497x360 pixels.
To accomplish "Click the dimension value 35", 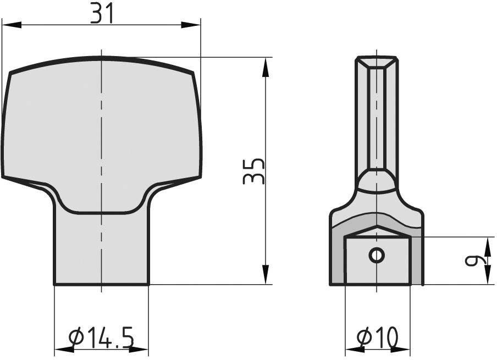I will click(254, 171).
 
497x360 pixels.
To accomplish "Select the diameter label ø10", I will click(377, 337).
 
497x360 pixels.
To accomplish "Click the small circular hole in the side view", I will click(377, 255).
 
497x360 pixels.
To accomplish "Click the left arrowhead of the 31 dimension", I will click(11, 25).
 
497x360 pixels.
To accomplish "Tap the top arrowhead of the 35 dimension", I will click(266, 67).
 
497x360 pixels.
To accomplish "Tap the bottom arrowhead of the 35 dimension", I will click(266, 275).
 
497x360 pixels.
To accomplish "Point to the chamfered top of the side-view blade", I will click(377, 62).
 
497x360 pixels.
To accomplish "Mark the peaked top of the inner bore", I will click(377, 226).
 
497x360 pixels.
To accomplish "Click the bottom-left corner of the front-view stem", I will click(54, 284).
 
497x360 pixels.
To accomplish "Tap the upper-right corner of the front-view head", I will click(193, 74).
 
